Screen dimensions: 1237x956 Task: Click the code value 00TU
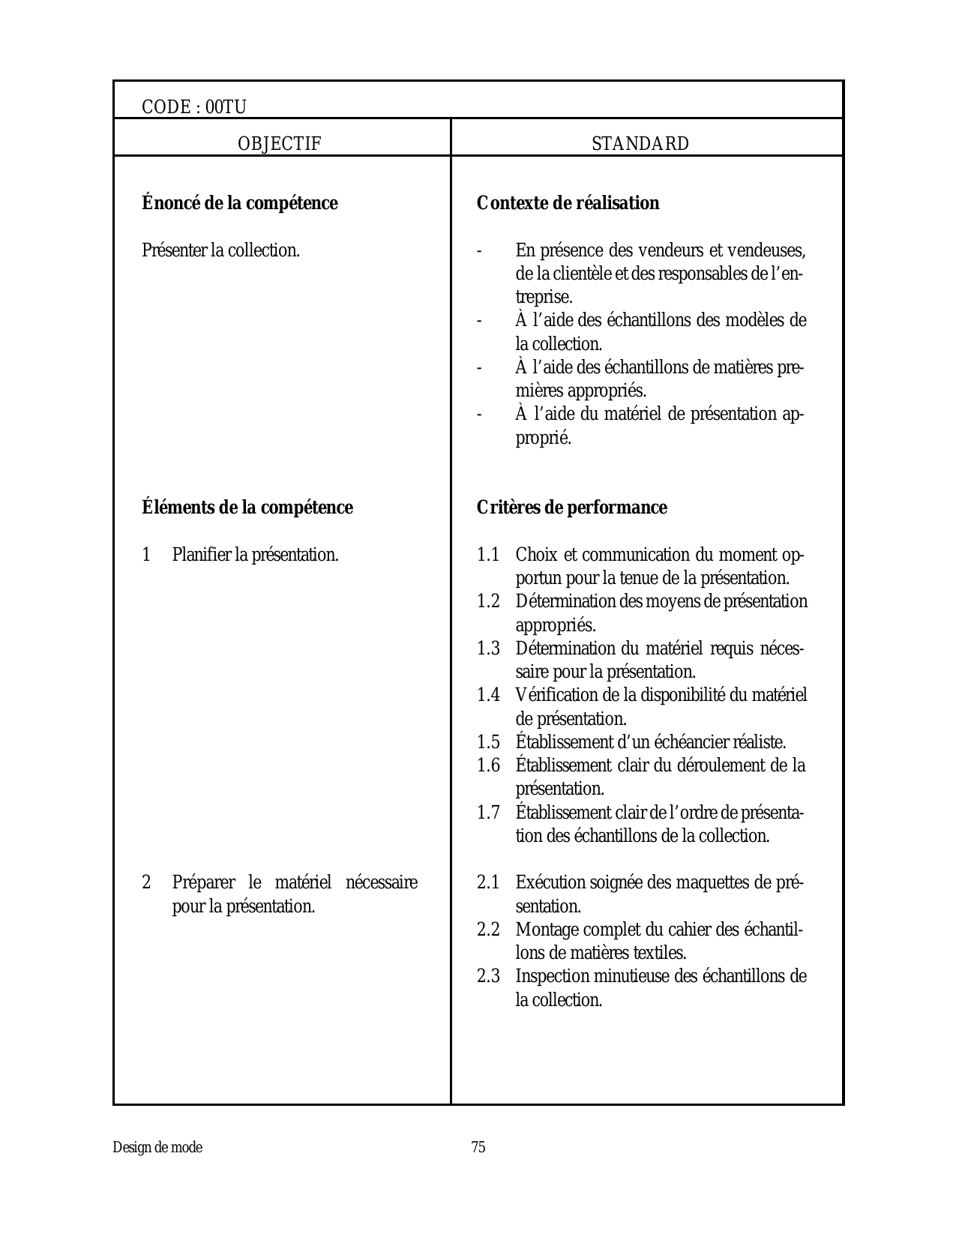(226, 107)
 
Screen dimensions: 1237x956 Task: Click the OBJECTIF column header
(280, 144)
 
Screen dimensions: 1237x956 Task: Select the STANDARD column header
(640, 144)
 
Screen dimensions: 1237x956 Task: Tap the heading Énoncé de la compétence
(240, 203)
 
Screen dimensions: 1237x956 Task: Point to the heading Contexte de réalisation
(568, 203)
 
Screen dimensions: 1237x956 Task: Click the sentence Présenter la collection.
(220, 250)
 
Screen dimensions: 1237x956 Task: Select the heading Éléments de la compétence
(247, 508)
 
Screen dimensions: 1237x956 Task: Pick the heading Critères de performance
(571, 508)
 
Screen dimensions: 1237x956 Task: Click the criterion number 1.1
(488, 556)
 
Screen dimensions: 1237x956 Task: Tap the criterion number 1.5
(488, 743)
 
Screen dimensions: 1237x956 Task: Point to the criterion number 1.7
(488, 813)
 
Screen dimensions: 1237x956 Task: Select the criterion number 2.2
(488, 930)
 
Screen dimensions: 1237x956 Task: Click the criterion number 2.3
(488, 977)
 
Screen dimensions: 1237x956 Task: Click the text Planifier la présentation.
(256, 556)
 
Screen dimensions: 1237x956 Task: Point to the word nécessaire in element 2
(382, 883)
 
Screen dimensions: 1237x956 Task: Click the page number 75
(478, 1148)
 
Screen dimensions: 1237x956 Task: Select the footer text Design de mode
(157, 1148)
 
